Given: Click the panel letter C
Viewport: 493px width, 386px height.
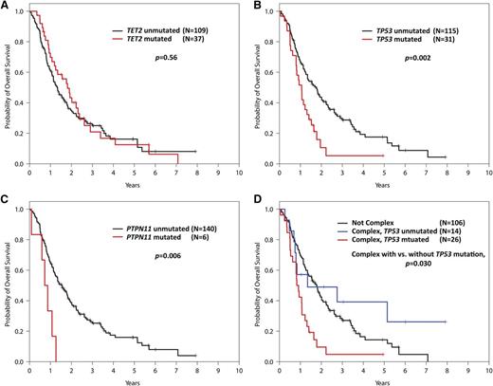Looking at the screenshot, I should coord(6,201).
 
